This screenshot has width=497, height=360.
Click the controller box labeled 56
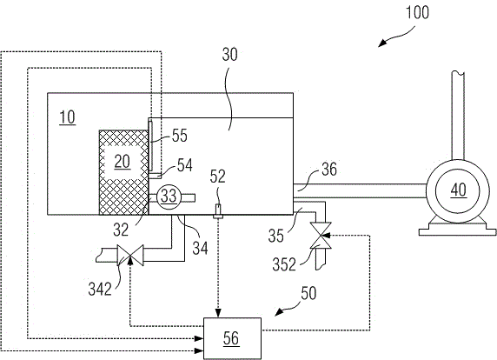pyautogui.click(x=232, y=338)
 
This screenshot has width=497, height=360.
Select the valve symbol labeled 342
pyautogui.click(x=130, y=255)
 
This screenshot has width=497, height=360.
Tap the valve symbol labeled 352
pyautogui.click(x=321, y=236)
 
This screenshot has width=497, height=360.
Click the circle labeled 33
pyautogui.click(x=169, y=197)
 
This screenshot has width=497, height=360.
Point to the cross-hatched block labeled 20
pyautogui.click(x=123, y=172)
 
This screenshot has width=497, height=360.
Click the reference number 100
pyautogui.click(x=417, y=13)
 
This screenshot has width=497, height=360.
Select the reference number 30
pyautogui.click(x=229, y=55)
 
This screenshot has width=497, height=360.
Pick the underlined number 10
pyautogui.click(x=67, y=117)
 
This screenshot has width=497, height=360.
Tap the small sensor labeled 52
pyautogui.click(x=218, y=211)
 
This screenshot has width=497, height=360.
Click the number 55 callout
pyautogui.click(x=180, y=136)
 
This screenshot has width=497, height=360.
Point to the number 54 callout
pyautogui.click(x=185, y=165)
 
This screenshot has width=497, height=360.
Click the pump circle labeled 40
pyautogui.click(x=458, y=191)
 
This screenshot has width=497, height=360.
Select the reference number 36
pyautogui.click(x=329, y=170)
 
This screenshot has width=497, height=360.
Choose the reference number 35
pyautogui.click(x=275, y=236)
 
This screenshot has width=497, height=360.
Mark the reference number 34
pyautogui.click(x=201, y=248)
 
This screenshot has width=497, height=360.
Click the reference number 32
pyautogui.click(x=121, y=230)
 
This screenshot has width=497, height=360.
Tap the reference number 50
pyautogui.click(x=308, y=293)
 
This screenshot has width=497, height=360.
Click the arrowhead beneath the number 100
pyautogui.click(x=382, y=43)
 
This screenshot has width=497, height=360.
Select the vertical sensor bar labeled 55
pyautogui.click(x=150, y=145)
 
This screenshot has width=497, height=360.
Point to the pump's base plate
pyautogui.click(x=457, y=232)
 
